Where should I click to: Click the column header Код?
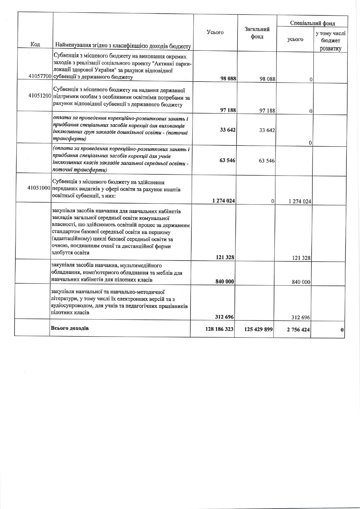pyautogui.click(x=35, y=44)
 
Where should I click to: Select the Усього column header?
pyautogui.click(x=215, y=32)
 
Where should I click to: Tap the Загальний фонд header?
pyautogui.click(x=257, y=33)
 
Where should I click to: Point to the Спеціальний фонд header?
pyautogui.click(x=312, y=23)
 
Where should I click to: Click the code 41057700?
pyautogui.click(x=40, y=76)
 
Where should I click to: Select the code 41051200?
pyautogui.click(x=40, y=95)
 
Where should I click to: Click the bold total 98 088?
pyautogui.click(x=228, y=78)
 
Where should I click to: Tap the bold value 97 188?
pyautogui.click(x=228, y=110)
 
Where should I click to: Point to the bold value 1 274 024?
pyautogui.click(x=224, y=201)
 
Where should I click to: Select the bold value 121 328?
pyautogui.click(x=225, y=257)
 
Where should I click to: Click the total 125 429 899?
pyautogui.click(x=259, y=329)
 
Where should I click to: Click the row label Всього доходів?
pyautogui.click(x=70, y=328)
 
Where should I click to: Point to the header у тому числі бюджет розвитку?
pyautogui.click(x=330, y=41)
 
